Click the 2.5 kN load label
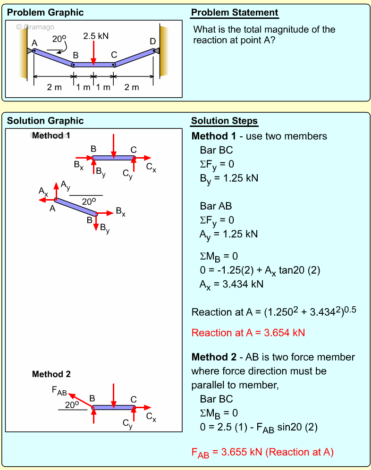(96, 36)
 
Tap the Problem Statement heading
(235, 13)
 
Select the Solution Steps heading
(224, 121)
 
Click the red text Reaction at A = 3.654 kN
(248, 333)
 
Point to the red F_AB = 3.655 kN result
(262, 453)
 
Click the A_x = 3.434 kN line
(231, 284)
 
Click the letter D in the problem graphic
(152, 42)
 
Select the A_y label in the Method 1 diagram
(65, 185)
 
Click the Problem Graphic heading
(45, 13)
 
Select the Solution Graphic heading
(45, 121)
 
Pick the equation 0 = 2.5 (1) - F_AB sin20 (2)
(259, 428)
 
